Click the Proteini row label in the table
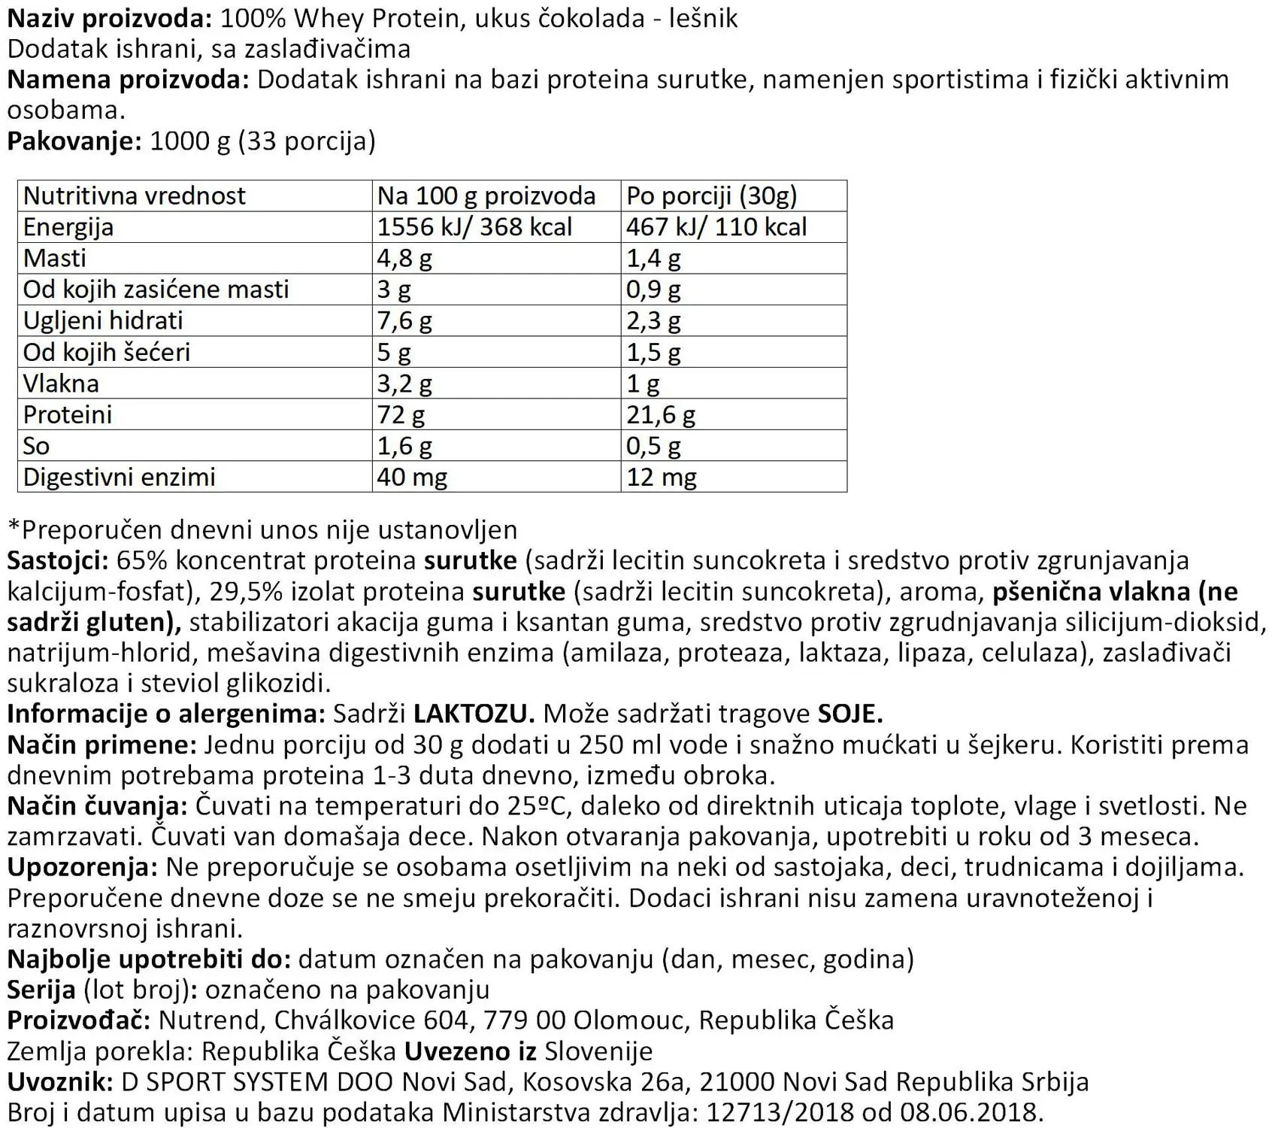pos(68,414)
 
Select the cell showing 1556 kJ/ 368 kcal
pos(474,226)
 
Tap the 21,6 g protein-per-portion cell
pos(661,414)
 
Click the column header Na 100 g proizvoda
pos(486,196)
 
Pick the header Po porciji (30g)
pos(711,196)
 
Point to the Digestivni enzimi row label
pos(119,477)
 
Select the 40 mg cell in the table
pos(412,477)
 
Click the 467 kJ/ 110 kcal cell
pos(716,226)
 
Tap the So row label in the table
pos(36,446)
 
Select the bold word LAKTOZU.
pos(474,714)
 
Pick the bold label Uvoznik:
pos(60,1081)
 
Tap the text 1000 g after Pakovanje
pos(190,141)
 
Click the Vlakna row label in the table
pos(61,384)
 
